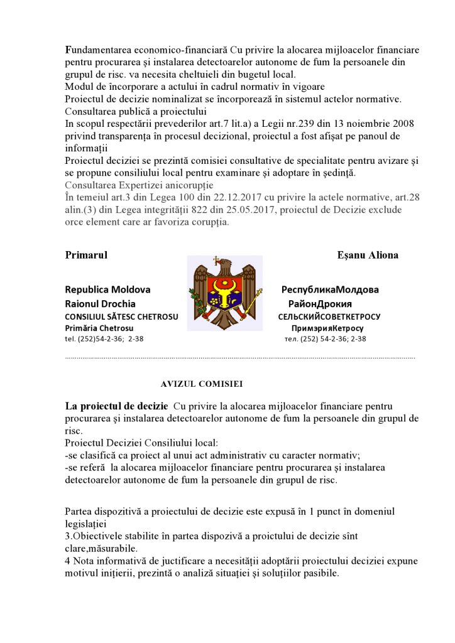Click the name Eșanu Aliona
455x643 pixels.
tap(368, 255)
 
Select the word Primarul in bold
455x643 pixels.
tap(86, 255)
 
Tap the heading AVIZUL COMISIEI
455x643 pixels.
tap(202, 382)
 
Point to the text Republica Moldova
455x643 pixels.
tap(107, 290)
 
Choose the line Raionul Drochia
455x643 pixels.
tap(100, 303)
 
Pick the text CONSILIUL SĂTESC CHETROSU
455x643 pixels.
tap(121, 316)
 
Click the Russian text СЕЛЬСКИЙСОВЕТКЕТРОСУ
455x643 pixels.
tap(329, 316)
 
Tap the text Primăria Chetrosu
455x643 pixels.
tap(99, 328)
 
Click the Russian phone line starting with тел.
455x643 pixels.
tap(326, 339)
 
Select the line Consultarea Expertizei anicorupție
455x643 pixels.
tap(139, 185)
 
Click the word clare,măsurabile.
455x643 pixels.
tap(102, 548)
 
